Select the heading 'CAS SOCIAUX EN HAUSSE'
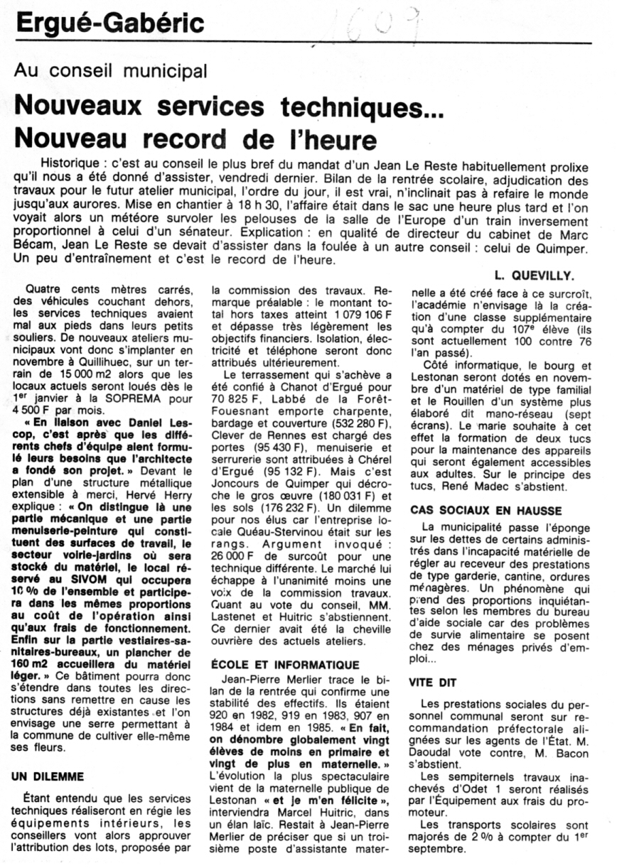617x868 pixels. tap(485, 509)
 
